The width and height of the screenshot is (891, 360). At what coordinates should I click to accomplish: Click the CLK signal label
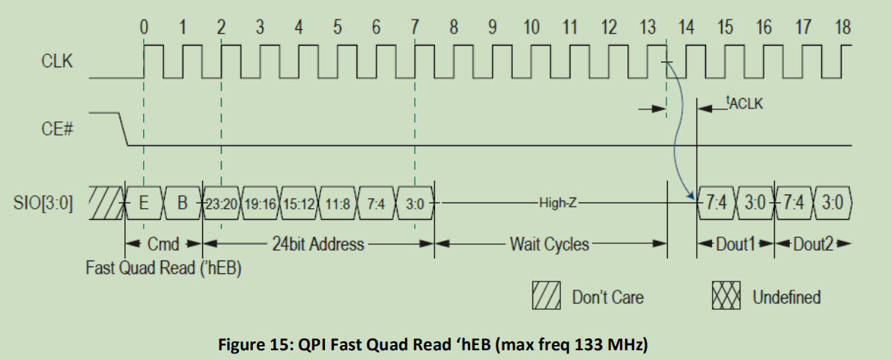[x=57, y=61]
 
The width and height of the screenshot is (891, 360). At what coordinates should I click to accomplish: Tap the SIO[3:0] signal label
[x=43, y=204]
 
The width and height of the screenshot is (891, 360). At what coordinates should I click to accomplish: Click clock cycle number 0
[x=144, y=28]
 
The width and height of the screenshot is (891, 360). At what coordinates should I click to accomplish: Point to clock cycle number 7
[x=415, y=28]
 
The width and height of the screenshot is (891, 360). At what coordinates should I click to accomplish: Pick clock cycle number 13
[x=648, y=28]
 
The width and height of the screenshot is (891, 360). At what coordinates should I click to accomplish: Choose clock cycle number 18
[x=842, y=28]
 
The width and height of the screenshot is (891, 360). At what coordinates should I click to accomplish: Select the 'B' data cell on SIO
[x=182, y=204]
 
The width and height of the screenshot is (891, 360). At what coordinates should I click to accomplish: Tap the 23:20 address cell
[x=222, y=204]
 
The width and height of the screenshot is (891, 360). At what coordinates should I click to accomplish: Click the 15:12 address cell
[x=299, y=204]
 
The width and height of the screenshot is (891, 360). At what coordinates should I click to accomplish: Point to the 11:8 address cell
[x=338, y=204]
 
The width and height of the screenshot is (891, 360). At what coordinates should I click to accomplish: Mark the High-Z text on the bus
[x=558, y=204]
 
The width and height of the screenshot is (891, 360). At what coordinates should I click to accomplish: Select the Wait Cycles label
[x=550, y=244]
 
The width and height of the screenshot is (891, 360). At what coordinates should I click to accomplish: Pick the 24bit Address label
[x=318, y=244]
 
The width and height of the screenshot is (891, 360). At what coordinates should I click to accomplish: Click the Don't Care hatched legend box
[x=547, y=297]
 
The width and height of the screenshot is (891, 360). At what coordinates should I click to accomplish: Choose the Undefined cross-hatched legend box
[x=726, y=297]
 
